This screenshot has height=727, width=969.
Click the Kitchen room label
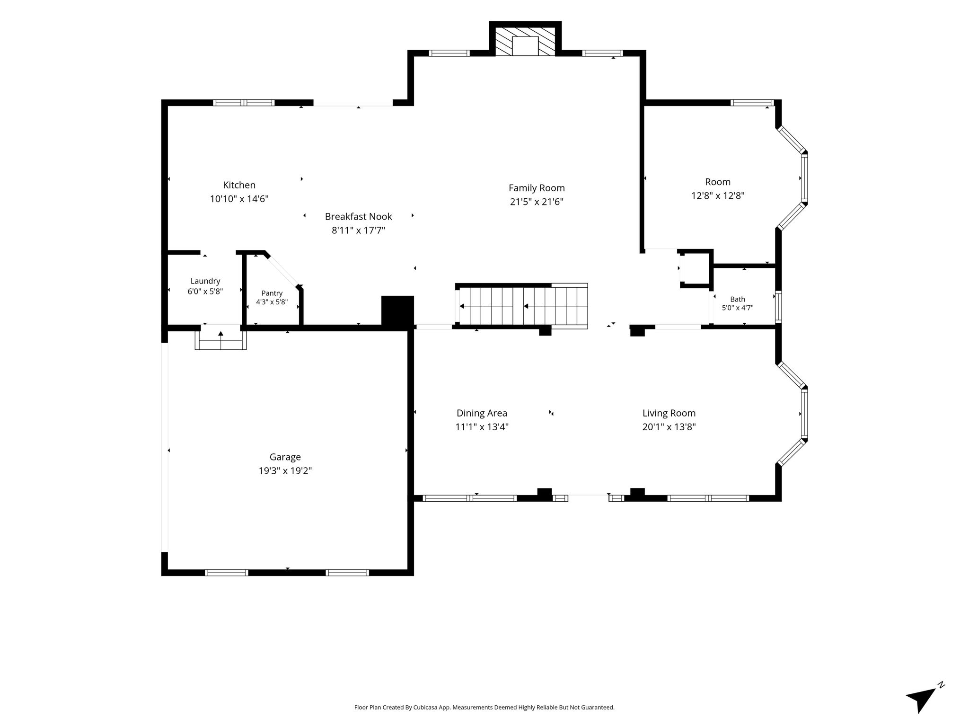[239, 185]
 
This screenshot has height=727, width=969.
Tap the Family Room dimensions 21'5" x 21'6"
[537, 202]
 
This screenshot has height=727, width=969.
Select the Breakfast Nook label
[358, 216]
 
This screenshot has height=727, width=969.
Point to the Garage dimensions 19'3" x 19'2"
[285, 470]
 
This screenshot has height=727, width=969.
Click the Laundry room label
[205, 281]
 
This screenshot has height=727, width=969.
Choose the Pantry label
[272, 293]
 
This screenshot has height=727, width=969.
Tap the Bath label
[737, 299]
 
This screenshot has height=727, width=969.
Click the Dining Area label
[482, 413]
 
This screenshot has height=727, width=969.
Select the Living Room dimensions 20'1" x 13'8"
[669, 427]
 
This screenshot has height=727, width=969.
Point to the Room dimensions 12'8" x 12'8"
[718, 195]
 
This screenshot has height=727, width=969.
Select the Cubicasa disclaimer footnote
[484, 708]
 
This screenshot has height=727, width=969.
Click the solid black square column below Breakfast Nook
[397, 311]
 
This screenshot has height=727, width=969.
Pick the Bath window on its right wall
[778, 307]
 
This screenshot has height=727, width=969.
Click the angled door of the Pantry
[282, 270]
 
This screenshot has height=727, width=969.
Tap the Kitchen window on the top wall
[244, 103]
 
